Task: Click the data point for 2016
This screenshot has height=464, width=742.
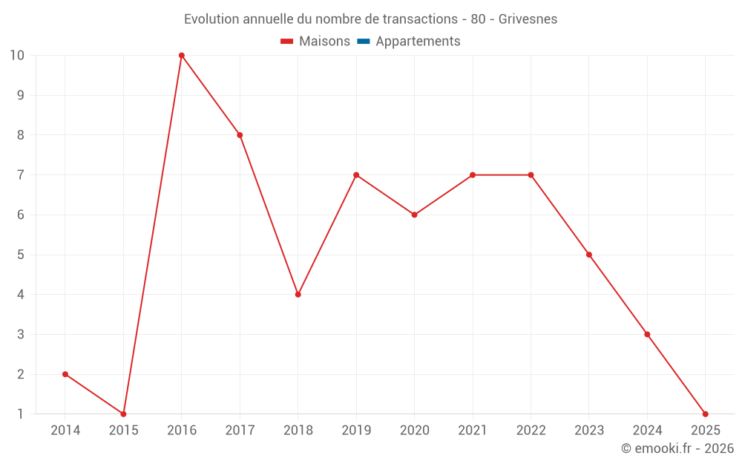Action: click(x=182, y=56)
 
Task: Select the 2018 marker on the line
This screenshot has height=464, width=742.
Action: click(x=298, y=295)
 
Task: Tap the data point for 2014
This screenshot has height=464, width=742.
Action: click(x=65, y=374)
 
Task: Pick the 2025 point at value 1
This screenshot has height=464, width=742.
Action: click(x=705, y=414)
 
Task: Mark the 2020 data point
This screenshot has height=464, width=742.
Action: click(x=415, y=215)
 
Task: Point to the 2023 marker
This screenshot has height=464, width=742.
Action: click(x=589, y=255)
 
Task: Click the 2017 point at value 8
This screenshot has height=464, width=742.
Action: click(x=240, y=135)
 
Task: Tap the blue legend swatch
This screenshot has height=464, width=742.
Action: click(x=364, y=42)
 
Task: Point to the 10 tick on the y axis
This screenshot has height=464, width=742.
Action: click(x=17, y=56)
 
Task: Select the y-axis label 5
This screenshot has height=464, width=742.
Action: click(x=20, y=255)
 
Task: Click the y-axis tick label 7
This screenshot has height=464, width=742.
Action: click(x=20, y=175)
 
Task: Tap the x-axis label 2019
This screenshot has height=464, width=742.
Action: click(x=356, y=431)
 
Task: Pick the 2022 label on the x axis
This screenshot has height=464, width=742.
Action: click(x=531, y=431)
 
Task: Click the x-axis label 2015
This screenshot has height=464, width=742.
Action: click(x=123, y=431)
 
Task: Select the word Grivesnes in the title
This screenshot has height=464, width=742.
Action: click(x=528, y=19)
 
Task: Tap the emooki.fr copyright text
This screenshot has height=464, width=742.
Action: click(x=677, y=448)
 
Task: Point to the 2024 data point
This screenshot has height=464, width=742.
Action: click(x=647, y=335)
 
